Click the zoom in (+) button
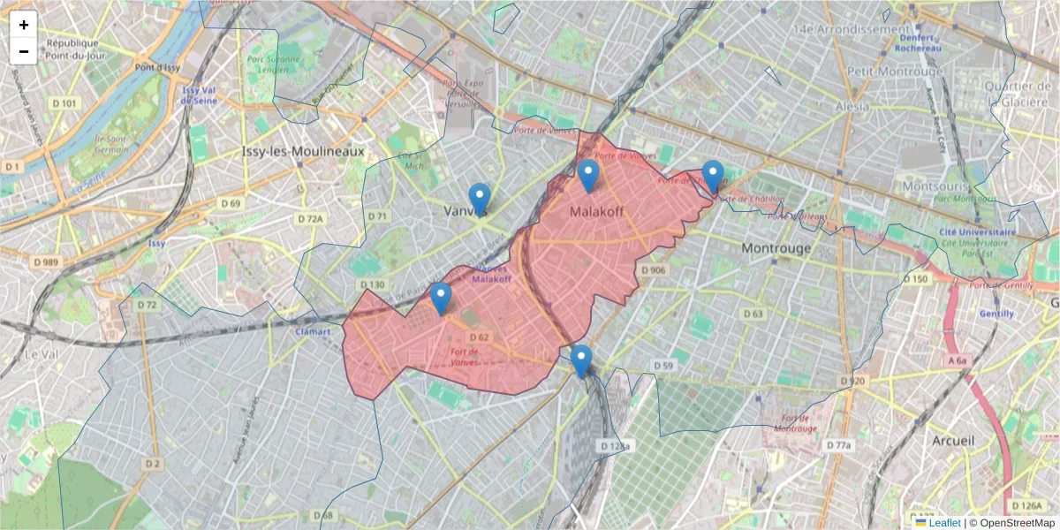[24, 25]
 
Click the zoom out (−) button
[24, 51]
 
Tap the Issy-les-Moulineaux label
[303, 152]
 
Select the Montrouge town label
[776, 248]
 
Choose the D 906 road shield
[653, 270]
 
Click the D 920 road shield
[852, 381]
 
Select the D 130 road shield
[373, 284]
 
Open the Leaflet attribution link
[943, 523]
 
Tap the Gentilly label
[996, 314]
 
